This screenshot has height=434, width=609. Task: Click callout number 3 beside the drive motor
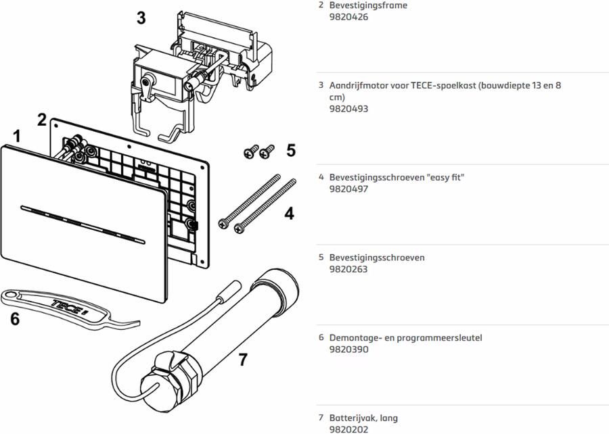point(141,18)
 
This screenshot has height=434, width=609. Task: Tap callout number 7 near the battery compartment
point(243,360)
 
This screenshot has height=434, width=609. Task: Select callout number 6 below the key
point(15,318)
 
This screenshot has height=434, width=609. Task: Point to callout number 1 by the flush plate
point(16,137)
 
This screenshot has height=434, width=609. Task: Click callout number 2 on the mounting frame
point(42,120)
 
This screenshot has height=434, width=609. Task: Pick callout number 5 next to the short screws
point(291,150)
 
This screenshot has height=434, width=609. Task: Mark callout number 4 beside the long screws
point(290,214)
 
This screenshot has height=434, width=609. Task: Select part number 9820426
point(348,17)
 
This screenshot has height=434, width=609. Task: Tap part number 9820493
point(348,108)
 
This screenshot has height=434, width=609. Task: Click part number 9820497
point(348,189)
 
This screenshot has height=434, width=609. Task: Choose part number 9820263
point(348,269)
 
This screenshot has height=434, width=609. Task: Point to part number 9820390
point(348,349)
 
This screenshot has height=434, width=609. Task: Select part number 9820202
point(348,429)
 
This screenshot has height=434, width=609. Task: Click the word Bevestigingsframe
point(368,5)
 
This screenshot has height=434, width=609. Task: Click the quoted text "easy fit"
point(445,177)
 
